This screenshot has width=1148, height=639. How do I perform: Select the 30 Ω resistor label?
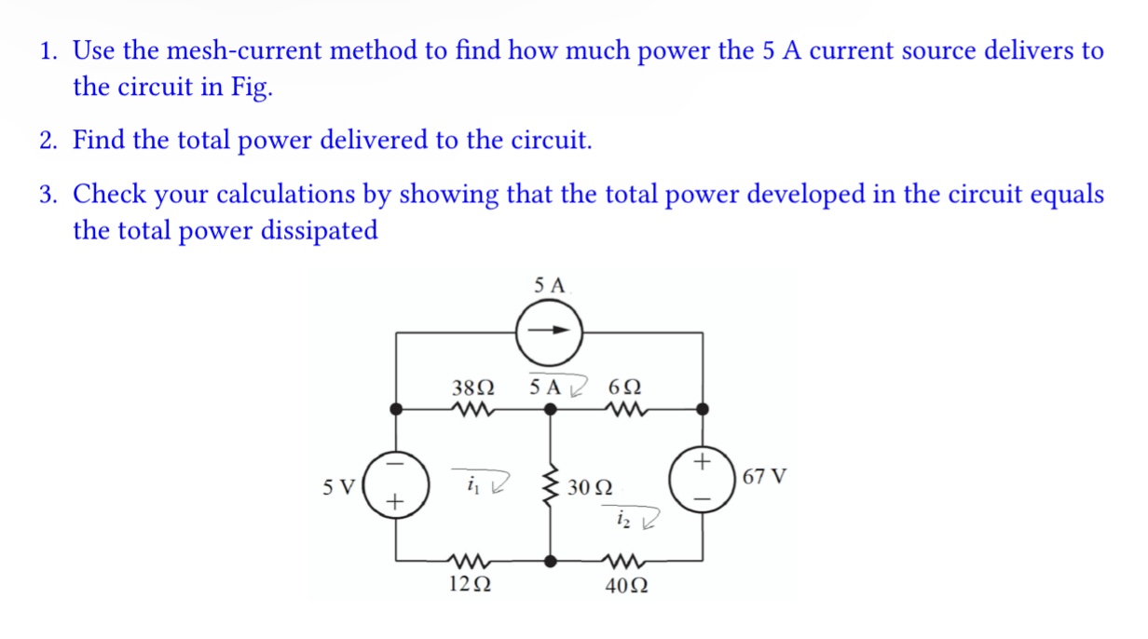point(590,487)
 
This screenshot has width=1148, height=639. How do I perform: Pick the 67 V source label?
point(765,478)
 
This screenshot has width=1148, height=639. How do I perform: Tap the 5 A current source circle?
point(551,331)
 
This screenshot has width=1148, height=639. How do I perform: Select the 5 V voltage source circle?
point(397,483)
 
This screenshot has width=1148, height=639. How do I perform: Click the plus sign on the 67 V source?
point(703,463)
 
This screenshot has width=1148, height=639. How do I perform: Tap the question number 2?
point(47,141)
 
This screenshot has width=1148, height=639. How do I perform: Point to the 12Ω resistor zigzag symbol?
point(469,561)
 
